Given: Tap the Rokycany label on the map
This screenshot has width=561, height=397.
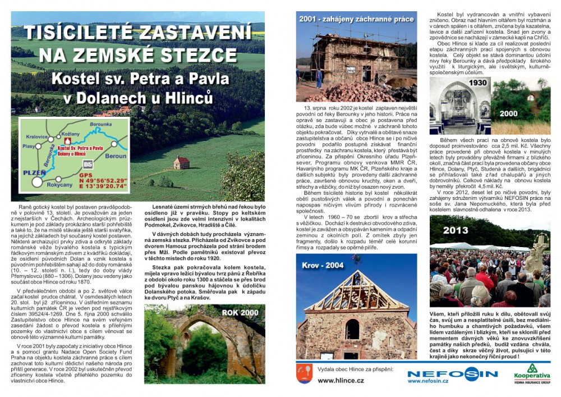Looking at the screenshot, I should click(60, 184).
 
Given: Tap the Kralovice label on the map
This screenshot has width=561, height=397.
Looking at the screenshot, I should click(36, 136).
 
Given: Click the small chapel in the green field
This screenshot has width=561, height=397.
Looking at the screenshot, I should click(181, 162).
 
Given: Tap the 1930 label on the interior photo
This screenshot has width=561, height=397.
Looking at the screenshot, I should click(478, 83).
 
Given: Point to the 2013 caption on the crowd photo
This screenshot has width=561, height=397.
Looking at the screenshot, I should click(455, 230).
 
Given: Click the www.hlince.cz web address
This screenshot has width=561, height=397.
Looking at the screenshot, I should click(341, 380).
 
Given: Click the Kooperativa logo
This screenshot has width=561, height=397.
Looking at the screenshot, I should click(532, 373).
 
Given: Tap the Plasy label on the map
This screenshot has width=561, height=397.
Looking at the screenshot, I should click(29, 146).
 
